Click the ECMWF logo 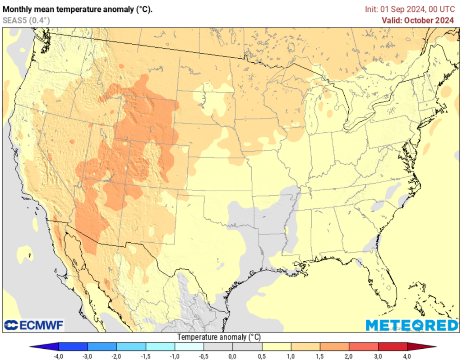[34, 325]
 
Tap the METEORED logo [411, 325]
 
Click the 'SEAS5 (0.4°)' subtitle [26, 20]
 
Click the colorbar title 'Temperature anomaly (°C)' [219, 337]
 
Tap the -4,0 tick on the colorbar [58, 356]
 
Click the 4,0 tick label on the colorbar [407, 356]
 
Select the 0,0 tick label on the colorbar [232, 356]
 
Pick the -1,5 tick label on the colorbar [145, 356]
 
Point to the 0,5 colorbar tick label [262, 356]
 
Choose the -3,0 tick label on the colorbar [87, 356]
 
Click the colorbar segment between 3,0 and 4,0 [392, 346]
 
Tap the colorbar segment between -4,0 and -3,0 [73, 346]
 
